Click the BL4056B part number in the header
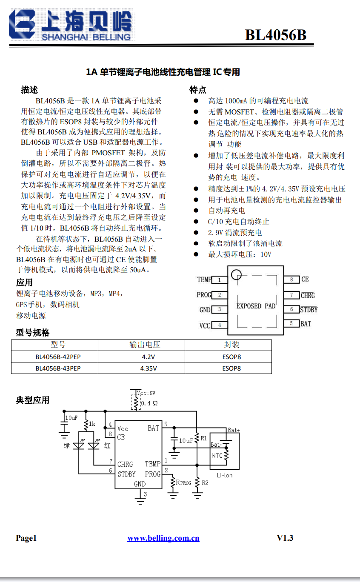[x=276, y=35]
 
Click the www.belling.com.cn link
[x=163, y=538]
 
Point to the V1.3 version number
[x=285, y=538]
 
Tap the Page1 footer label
[x=26, y=538]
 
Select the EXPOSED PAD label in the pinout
[x=256, y=306]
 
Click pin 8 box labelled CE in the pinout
[x=291, y=280]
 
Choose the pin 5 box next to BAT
[x=291, y=324]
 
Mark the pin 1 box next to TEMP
[x=220, y=280]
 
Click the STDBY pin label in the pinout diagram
[x=309, y=310]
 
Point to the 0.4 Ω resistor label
[x=149, y=403]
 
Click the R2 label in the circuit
[x=205, y=483]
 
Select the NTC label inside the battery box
[x=217, y=456]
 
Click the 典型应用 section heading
[x=33, y=400]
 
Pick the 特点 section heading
[x=198, y=90]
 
